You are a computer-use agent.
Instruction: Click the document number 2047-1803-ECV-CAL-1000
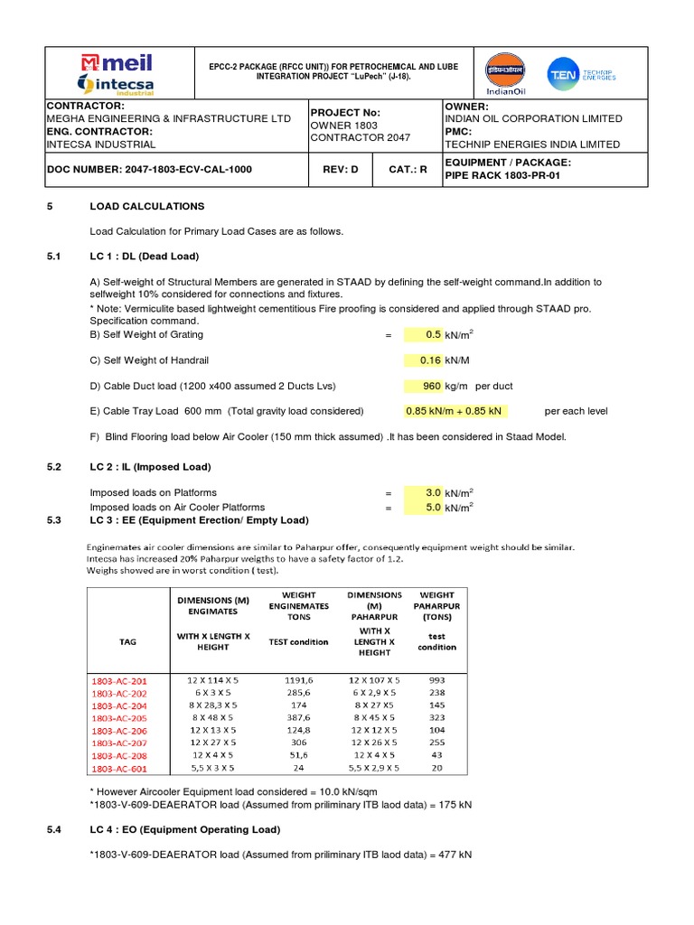[149, 169]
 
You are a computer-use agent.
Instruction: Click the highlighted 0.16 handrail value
[428, 360]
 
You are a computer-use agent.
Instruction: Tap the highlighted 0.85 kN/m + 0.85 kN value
[455, 411]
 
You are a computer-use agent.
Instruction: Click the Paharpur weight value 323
[436, 718]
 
